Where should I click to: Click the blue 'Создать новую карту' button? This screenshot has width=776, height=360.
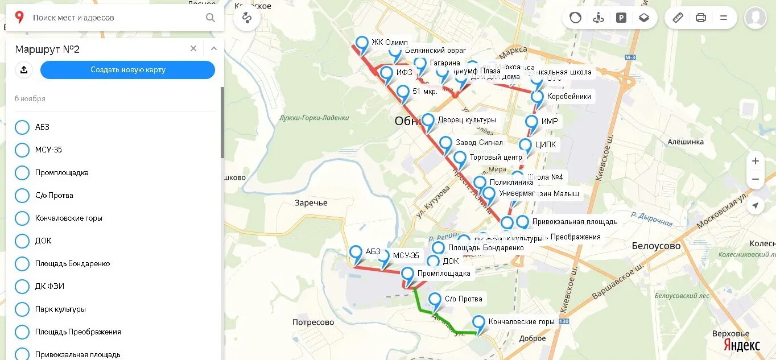[x=127, y=70]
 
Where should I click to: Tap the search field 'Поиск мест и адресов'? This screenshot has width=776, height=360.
[x=114, y=18]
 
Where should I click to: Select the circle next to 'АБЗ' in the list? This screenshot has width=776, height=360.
[x=22, y=127]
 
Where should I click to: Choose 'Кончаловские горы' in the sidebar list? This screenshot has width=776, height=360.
[x=68, y=218]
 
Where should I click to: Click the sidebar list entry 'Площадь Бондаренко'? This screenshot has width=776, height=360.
[x=72, y=263]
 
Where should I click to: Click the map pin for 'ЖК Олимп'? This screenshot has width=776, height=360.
[x=362, y=43]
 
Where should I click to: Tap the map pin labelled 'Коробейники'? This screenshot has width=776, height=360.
[x=537, y=97]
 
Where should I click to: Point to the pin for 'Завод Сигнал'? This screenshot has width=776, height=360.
[x=445, y=143]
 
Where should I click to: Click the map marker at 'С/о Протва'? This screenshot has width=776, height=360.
[x=435, y=300]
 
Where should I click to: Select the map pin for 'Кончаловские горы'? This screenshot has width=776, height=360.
[x=479, y=322]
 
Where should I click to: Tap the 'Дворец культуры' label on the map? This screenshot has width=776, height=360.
[x=467, y=120]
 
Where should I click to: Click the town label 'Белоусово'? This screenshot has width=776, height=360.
[x=656, y=246]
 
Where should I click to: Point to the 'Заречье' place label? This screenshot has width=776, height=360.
[x=311, y=202]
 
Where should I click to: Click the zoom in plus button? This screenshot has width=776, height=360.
[x=755, y=161]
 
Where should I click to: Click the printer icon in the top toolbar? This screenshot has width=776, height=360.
[x=701, y=18]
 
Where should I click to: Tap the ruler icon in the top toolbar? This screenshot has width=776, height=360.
[x=678, y=18]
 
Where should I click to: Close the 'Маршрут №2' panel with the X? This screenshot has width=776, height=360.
[x=193, y=49]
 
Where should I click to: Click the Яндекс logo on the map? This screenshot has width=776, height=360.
[x=741, y=345]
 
